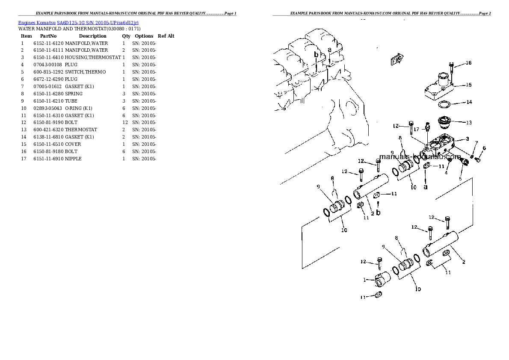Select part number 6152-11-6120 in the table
[48, 43]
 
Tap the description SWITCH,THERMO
[85, 72]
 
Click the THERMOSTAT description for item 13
[81, 130]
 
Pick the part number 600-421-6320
[48, 130]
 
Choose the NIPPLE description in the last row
[73, 159]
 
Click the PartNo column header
[48, 36]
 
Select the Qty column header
[126, 36]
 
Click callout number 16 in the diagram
[468, 63]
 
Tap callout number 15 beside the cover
[469, 85]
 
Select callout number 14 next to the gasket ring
[469, 102]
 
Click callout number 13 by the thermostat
[469, 123]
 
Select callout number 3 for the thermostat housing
[468, 139]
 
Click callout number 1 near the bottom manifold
[365, 280]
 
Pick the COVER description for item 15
[73, 144]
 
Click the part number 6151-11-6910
[48, 159]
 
